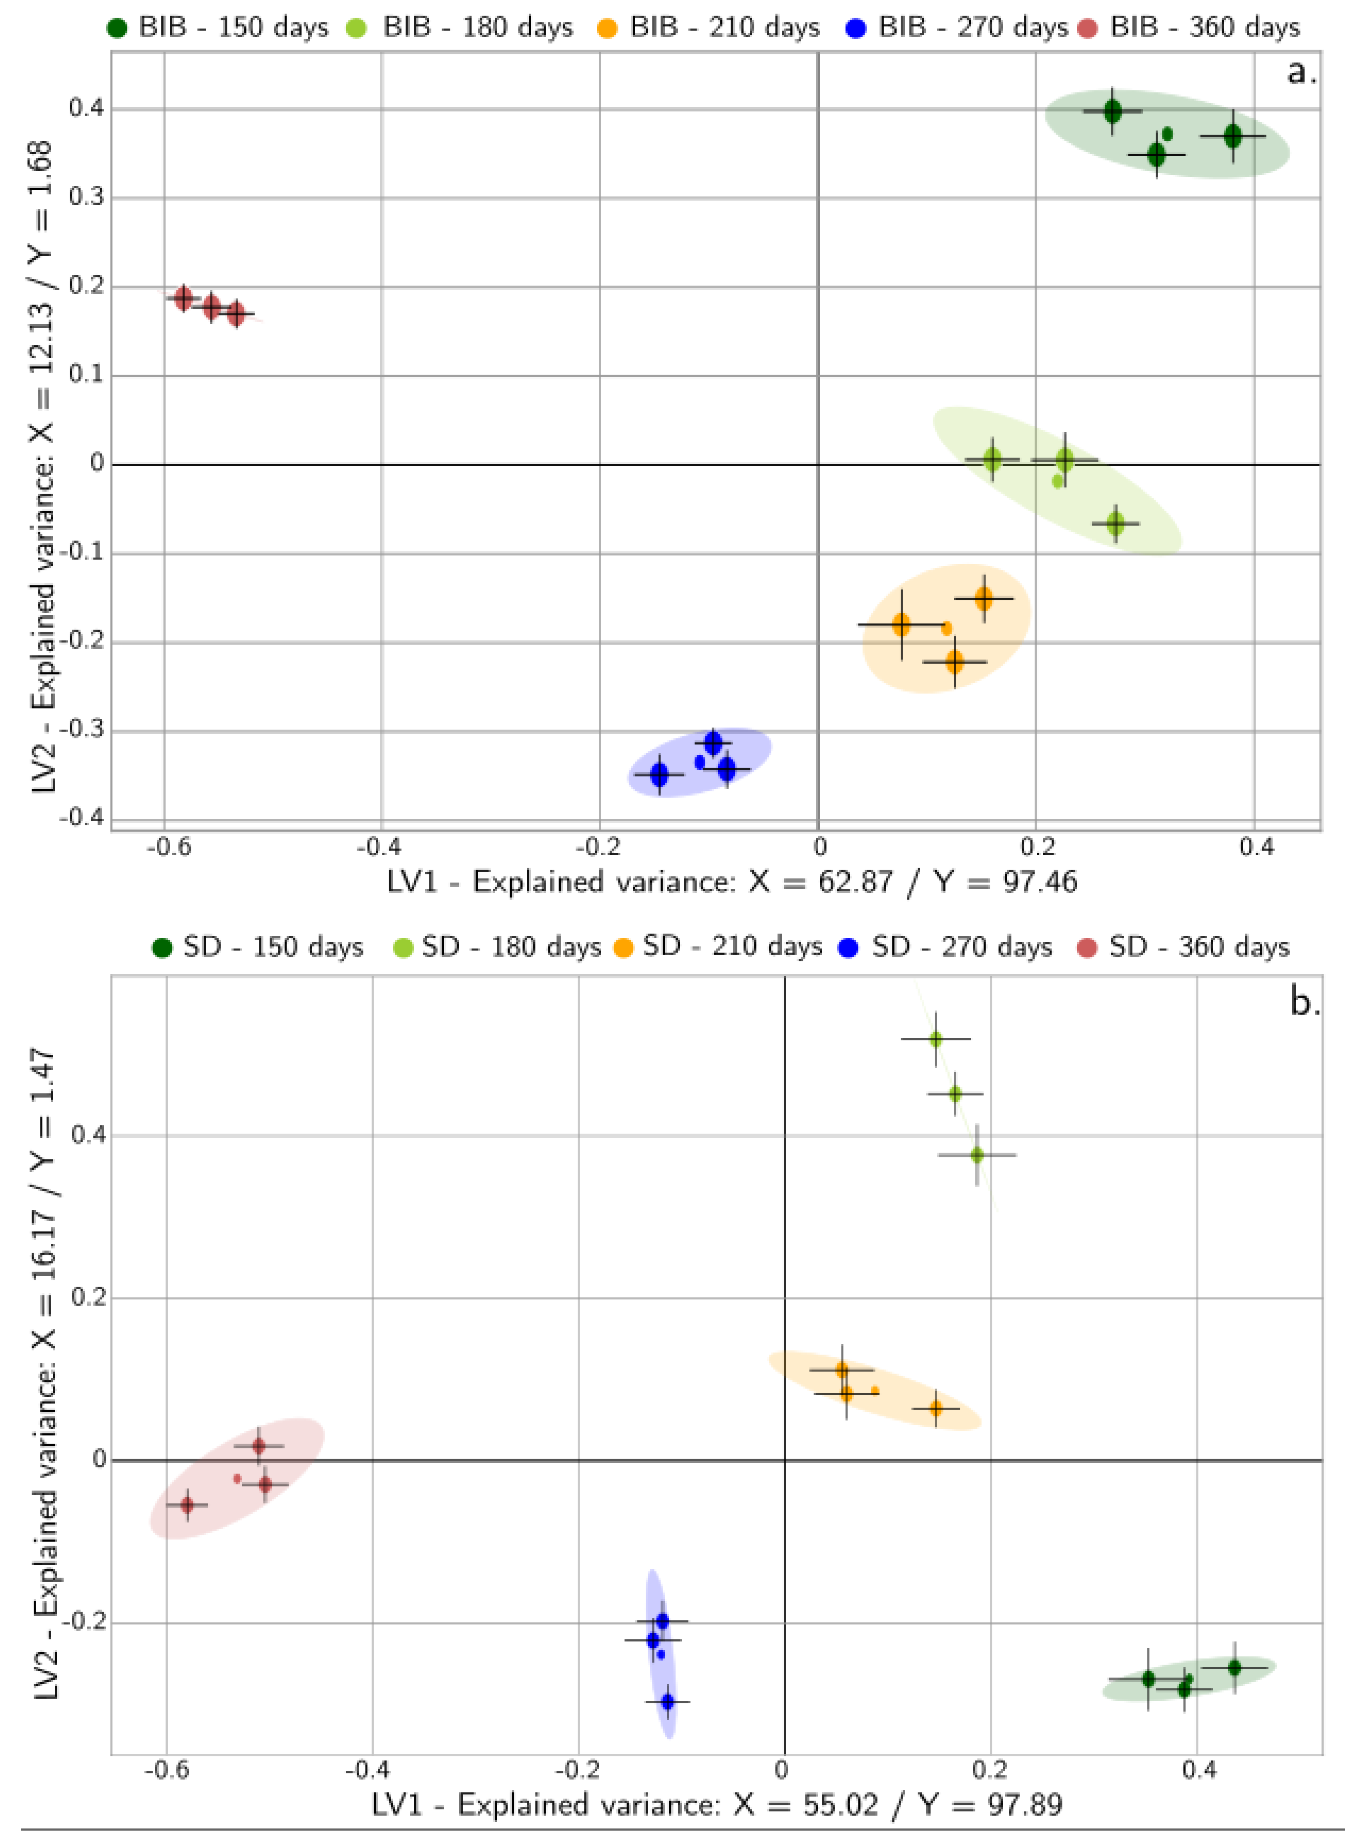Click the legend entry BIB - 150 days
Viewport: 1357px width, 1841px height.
218,27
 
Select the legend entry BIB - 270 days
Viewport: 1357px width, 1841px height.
957,27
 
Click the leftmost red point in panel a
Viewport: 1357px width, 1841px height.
184,297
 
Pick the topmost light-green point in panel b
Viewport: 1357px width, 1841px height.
935,1039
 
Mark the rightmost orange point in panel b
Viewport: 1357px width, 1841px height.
935,1408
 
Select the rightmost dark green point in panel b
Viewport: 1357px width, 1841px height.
1234,1667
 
